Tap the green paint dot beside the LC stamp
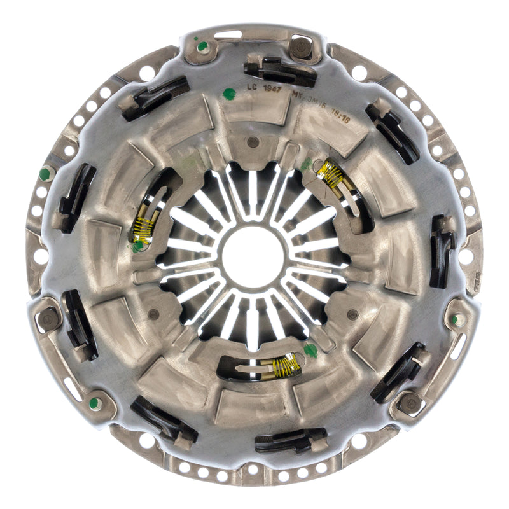[x=230, y=94]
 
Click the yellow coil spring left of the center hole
[x=143, y=227]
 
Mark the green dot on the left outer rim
[x=45, y=174]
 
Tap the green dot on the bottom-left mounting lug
[x=94, y=402]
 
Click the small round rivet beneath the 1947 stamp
[x=253, y=141]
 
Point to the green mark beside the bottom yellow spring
[x=310, y=350]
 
